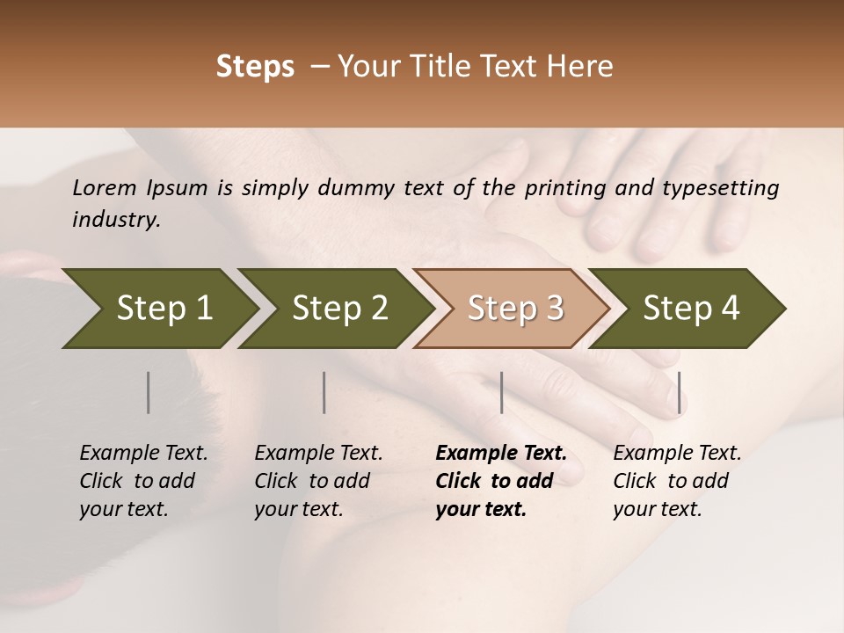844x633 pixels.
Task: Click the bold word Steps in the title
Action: click(255, 67)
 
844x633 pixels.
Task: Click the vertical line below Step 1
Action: click(149, 392)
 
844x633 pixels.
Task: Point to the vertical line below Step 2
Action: click(324, 392)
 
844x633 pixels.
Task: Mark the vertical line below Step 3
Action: click(501, 392)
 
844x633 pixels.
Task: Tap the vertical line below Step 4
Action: click(679, 392)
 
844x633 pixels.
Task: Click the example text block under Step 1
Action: click(143, 481)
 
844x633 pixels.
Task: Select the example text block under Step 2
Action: click(318, 481)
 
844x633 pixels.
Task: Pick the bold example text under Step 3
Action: click(500, 481)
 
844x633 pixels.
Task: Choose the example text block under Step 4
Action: click(677, 481)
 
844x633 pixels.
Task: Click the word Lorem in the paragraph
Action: click(105, 188)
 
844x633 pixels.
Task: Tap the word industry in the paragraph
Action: click(115, 220)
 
